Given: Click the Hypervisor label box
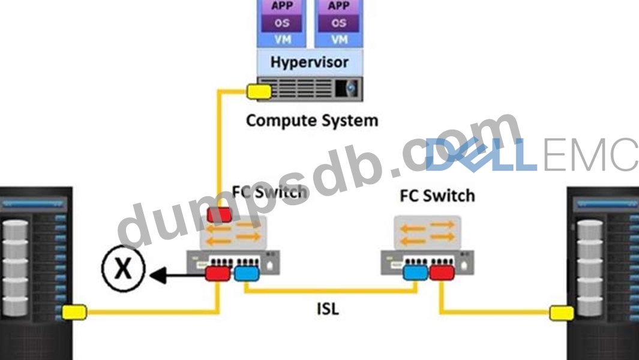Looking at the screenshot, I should [309, 62].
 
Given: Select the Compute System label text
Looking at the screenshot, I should [312, 120].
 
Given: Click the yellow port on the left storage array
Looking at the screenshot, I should [75, 311].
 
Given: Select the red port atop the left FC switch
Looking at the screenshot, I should [219, 214].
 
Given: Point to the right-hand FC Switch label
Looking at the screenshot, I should [437, 195].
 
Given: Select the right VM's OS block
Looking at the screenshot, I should [339, 24].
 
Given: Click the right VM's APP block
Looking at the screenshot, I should [339, 7].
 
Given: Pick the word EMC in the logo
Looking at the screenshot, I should [591, 155].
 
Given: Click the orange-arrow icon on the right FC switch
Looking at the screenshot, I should [427, 232].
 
